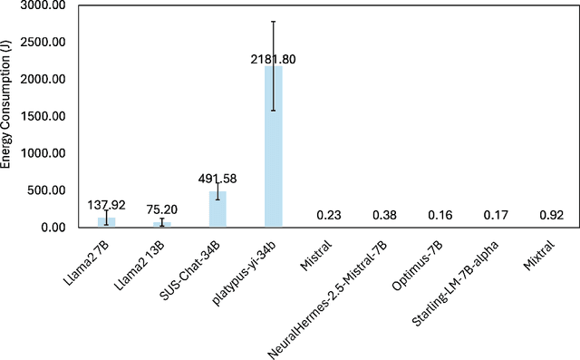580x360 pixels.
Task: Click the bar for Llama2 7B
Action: [x=106, y=222]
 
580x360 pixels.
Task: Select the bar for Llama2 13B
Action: [x=162, y=224]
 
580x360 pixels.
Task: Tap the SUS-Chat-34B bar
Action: [x=217, y=209]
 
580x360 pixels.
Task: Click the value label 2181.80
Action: [x=273, y=59]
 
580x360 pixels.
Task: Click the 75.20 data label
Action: [x=161, y=208]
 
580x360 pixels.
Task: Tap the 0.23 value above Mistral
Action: [x=329, y=215]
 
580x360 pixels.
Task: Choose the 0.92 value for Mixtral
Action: [x=551, y=215]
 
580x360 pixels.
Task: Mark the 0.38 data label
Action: [x=384, y=215]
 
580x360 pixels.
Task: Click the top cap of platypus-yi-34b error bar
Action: [x=273, y=21]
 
